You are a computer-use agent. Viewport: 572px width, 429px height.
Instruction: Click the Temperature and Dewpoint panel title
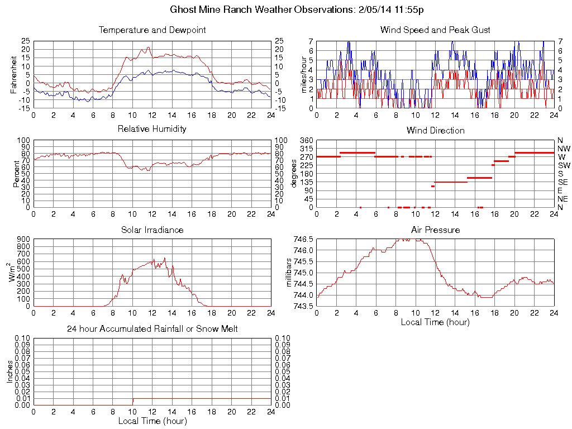click(x=152, y=30)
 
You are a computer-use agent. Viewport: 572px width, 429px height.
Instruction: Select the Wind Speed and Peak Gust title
click(x=435, y=30)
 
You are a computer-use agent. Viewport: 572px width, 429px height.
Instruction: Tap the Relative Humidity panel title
click(x=152, y=129)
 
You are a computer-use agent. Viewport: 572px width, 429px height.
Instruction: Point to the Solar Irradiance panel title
click(x=152, y=230)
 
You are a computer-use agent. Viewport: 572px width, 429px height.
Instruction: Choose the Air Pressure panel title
click(x=435, y=230)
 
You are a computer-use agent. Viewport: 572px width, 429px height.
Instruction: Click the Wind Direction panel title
click(x=435, y=130)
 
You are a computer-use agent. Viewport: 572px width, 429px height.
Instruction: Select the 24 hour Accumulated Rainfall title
click(x=152, y=329)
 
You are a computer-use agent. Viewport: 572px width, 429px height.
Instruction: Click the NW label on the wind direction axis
click(x=563, y=149)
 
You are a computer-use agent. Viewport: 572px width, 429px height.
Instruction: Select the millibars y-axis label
click(x=289, y=273)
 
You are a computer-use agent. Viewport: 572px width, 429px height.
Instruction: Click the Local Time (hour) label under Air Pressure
click(x=435, y=322)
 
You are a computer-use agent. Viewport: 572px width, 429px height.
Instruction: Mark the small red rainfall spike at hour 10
click(x=133, y=402)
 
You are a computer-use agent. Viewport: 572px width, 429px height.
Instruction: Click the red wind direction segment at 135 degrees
click(x=450, y=182)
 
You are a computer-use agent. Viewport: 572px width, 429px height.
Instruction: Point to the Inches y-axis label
click(x=9, y=371)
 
